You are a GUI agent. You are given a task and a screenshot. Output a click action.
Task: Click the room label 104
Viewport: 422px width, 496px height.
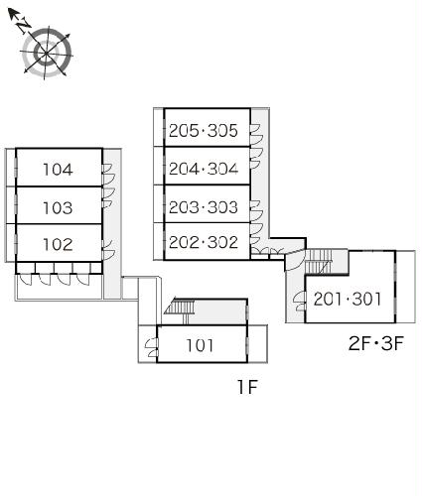58,170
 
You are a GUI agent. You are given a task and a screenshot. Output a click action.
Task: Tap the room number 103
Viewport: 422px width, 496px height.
58,207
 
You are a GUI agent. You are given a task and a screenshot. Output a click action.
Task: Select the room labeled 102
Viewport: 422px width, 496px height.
58,244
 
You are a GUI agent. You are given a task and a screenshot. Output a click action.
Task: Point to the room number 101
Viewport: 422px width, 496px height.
200,345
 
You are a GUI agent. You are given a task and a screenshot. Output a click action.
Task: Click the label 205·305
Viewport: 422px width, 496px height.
204,131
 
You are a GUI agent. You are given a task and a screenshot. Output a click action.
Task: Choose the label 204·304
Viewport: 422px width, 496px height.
204,169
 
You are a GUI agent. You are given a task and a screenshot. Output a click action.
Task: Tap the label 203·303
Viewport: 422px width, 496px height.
204,207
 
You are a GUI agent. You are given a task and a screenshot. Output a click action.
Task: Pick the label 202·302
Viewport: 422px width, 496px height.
204,242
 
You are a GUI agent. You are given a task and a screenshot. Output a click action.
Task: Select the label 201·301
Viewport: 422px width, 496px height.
348,299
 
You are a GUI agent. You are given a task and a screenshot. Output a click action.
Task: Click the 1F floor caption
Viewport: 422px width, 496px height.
247,387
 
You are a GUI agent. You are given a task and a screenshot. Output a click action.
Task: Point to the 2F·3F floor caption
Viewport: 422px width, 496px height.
376,343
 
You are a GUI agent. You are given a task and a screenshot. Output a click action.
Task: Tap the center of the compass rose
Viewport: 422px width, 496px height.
47,53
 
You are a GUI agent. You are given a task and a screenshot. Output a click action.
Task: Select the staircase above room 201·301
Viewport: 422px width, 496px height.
319,261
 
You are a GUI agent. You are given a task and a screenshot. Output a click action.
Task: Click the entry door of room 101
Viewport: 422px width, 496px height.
152,348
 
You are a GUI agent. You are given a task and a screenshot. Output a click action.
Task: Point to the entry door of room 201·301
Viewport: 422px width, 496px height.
299,302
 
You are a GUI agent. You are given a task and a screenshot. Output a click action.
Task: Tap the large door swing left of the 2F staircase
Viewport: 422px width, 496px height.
293,260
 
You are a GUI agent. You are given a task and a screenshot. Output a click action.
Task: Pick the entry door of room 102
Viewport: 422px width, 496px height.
108,250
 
